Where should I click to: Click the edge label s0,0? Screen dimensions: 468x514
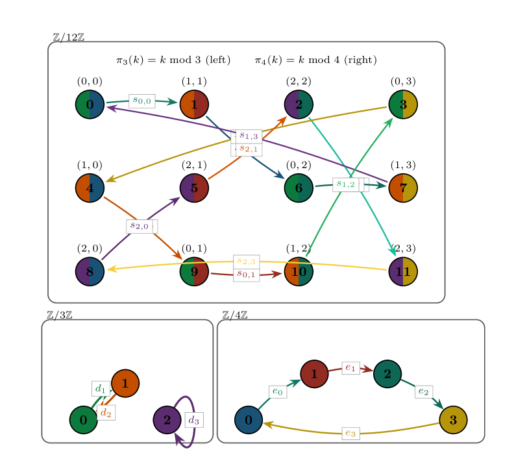(141, 101)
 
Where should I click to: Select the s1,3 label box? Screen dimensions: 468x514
(249, 136)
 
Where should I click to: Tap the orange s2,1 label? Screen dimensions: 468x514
(248, 149)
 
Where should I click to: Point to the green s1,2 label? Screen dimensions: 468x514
(345, 184)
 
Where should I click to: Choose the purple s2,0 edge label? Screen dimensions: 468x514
(140, 226)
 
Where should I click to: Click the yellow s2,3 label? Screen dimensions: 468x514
(246, 261)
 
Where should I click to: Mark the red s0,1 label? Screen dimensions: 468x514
(246, 275)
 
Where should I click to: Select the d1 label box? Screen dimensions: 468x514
(101, 388)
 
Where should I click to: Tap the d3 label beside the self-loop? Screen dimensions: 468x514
(193, 420)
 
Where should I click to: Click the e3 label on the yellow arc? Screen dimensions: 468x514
(350, 433)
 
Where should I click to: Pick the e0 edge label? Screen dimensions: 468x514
(278, 391)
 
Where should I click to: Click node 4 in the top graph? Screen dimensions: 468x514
(90, 188)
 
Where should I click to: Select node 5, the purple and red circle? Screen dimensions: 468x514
(194, 188)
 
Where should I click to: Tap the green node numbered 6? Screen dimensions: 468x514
(299, 188)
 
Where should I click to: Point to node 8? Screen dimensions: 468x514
(90, 271)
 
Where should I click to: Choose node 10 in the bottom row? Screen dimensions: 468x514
(299, 271)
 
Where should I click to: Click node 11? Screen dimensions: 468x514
(403, 271)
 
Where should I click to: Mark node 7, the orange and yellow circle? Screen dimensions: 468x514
(403, 188)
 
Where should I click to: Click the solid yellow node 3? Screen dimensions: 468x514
(453, 420)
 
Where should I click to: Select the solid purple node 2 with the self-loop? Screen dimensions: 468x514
(167, 420)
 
